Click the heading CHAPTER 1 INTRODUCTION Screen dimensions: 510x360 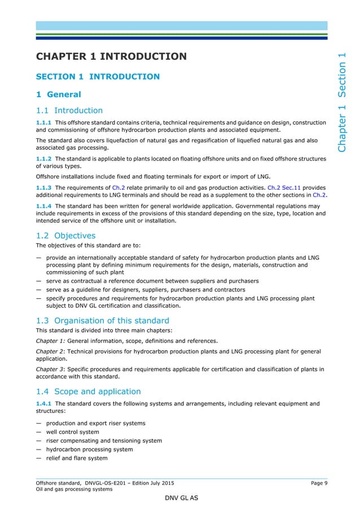click(111, 56)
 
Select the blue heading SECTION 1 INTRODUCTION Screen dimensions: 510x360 click(98, 76)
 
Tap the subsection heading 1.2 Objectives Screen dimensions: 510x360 click(65, 236)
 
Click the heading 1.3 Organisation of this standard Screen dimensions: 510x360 click(103, 321)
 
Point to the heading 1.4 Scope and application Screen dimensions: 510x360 click(88, 391)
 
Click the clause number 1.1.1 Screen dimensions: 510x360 click(43, 123)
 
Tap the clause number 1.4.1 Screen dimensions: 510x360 click(43, 404)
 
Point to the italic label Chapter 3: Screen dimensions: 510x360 click(51, 369)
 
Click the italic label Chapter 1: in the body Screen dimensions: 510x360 click(51, 341)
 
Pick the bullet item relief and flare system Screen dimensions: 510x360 click(77, 458)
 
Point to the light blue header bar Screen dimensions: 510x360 click(181, 25)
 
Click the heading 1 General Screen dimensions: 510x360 click(59, 94)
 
